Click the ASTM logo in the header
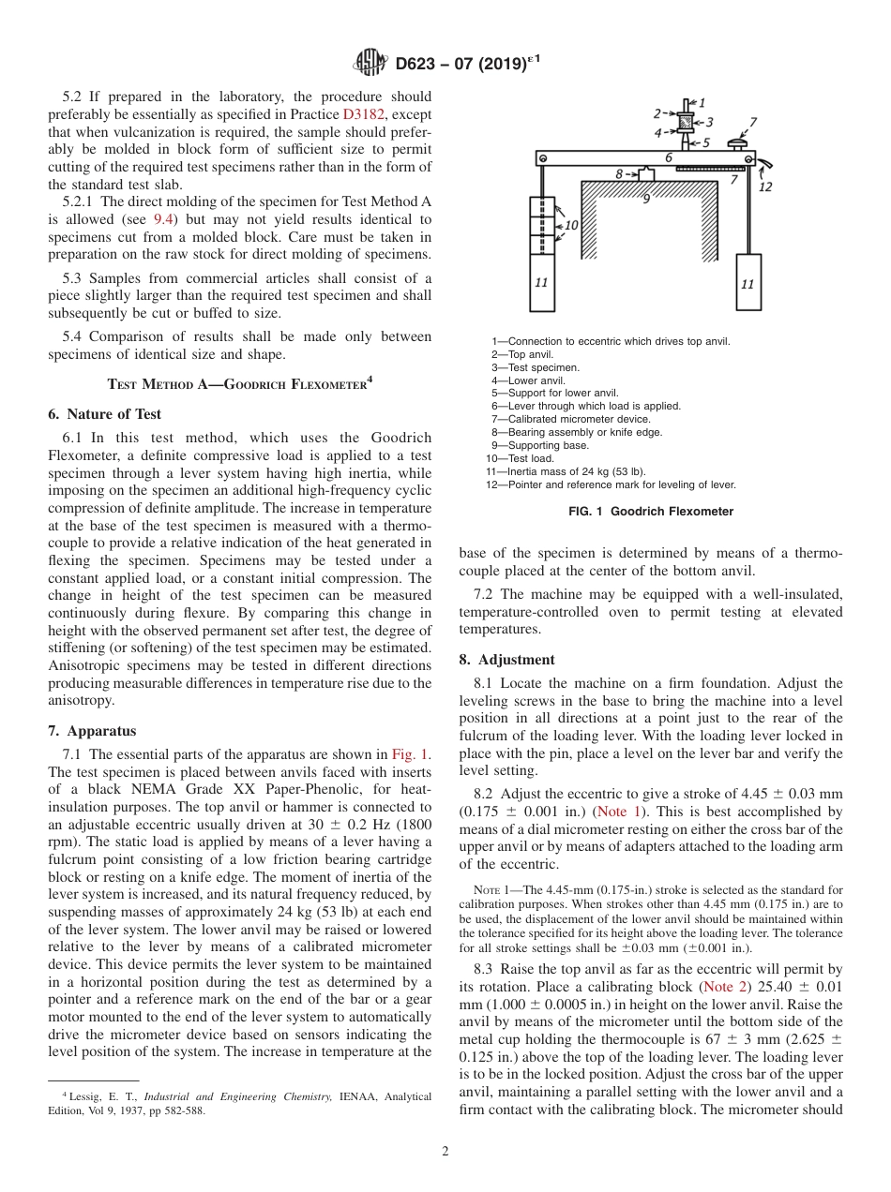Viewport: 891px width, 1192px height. pyautogui.click(x=371, y=64)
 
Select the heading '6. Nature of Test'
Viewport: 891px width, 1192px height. pyautogui.click(x=104, y=414)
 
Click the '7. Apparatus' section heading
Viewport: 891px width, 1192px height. pyautogui.click(x=91, y=731)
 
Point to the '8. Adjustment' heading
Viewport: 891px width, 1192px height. pyautogui.click(x=506, y=660)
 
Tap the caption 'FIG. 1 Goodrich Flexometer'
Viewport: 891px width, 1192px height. pyautogui.click(x=651, y=512)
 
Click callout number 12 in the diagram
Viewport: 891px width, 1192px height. pyautogui.click(x=765, y=186)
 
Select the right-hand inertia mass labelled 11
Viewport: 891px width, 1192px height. pyautogui.click(x=747, y=282)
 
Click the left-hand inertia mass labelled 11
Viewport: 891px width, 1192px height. pyautogui.click(x=541, y=280)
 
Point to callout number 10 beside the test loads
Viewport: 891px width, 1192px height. pyautogui.click(x=571, y=226)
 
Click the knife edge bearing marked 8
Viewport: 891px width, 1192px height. pyautogui.click(x=646, y=174)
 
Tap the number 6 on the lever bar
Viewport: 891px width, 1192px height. pyautogui.click(x=669, y=158)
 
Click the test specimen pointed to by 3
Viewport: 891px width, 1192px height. pyautogui.click(x=685, y=122)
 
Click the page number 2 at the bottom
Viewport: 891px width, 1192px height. pyautogui.click(x=445, y=1153)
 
